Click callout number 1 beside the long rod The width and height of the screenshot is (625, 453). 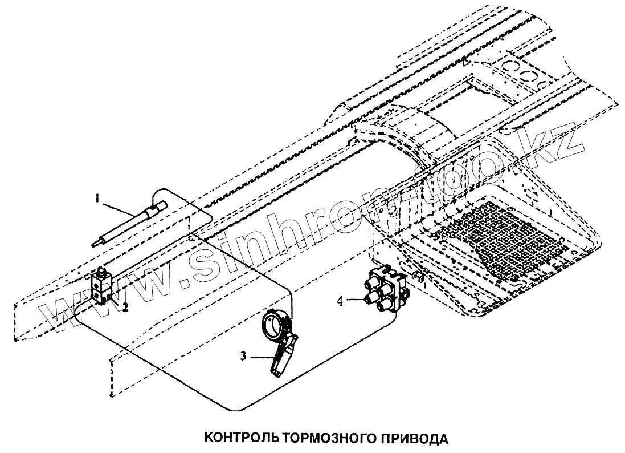[98, 199]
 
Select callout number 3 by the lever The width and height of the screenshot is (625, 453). [243, 356]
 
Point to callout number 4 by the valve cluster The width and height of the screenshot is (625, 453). [340, 301]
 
